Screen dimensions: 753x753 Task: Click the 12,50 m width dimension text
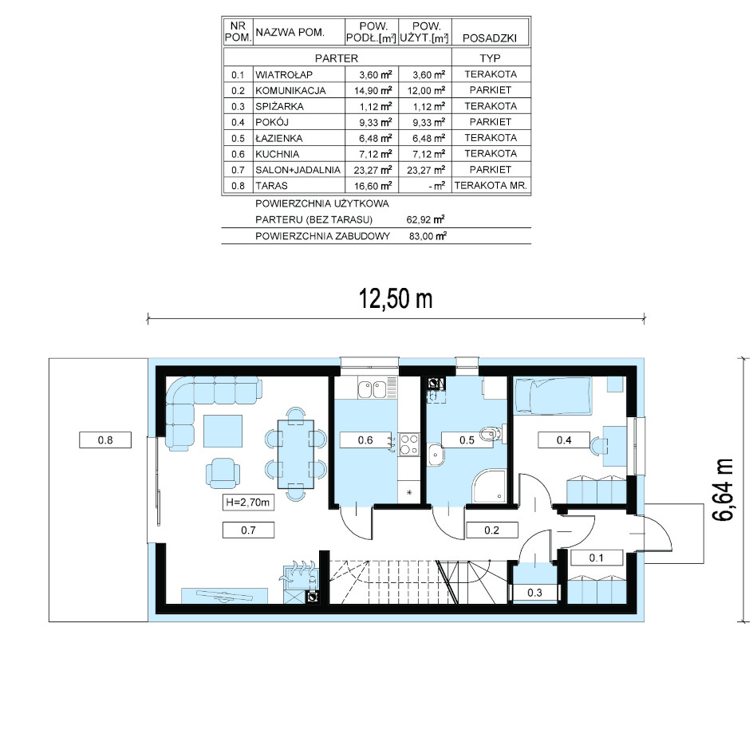coord(396,298)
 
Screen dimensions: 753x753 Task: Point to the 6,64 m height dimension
coord(723,489)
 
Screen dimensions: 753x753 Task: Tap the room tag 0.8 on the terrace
coord(105,440)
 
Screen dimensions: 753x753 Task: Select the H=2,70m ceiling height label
coord(248,503)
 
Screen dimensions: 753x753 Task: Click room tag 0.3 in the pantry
coord(534,593)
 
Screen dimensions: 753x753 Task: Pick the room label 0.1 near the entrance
coord(596,558)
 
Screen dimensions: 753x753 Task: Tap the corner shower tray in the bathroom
coord(489,487)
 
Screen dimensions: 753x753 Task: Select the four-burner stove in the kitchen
coord(408,444)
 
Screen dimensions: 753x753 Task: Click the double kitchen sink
coord(372,388)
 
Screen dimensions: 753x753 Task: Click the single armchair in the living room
coord(223,473)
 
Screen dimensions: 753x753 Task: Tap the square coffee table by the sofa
coord(223,432)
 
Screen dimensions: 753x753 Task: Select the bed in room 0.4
coord(553,395)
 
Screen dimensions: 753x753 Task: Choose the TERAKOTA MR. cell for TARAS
coord(491,185)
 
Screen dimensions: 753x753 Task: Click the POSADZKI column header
coord(490,38)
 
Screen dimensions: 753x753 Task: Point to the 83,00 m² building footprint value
coord(428,236)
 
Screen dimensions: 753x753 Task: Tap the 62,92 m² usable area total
coord(425,219)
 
